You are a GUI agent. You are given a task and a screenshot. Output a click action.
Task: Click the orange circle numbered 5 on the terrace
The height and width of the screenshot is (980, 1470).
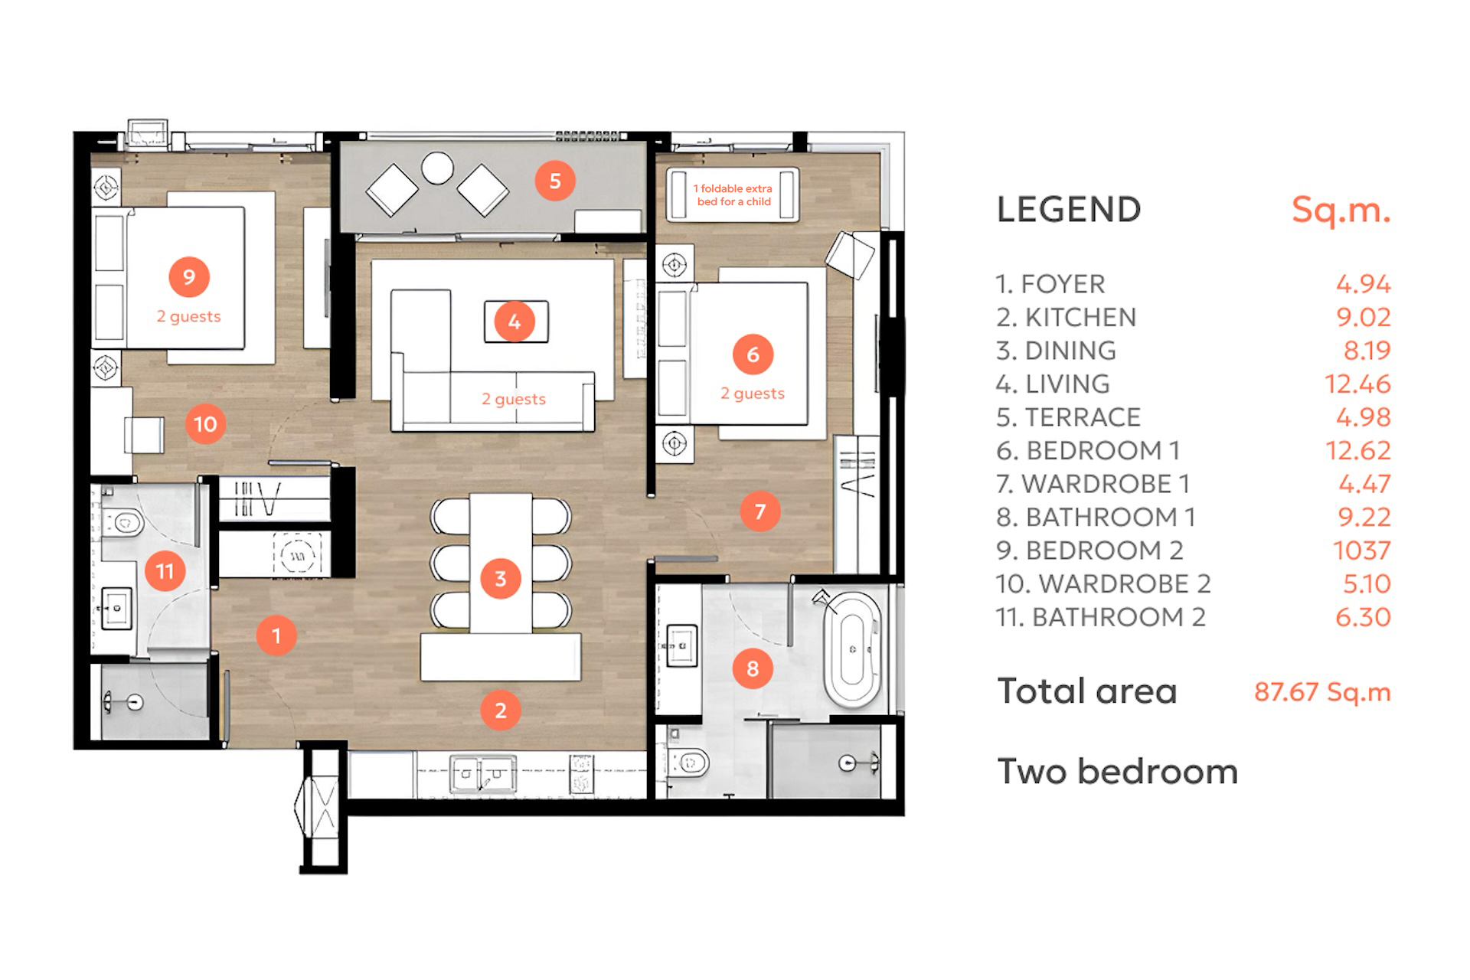pyautogui.click(x=555, y=181)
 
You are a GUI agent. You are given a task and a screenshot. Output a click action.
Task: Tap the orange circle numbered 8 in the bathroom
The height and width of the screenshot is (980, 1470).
pyautogui.click(x=753, y=668)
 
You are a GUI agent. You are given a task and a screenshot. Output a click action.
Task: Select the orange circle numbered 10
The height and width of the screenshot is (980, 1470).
pyautogui.click(x=205, y=424)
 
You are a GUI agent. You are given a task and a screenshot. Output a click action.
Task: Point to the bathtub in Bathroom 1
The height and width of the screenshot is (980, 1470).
pyautogui.click(x=852, y=648)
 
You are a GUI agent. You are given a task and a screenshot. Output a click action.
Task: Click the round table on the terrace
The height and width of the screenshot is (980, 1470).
pyautogui.click(x=437, y=168)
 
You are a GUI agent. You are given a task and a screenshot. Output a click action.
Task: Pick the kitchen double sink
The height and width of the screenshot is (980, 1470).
pyautogui.click(x=482, y=774)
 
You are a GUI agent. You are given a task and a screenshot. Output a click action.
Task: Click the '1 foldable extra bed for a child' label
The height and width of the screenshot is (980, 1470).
pyautogui.click(x=733, y=195)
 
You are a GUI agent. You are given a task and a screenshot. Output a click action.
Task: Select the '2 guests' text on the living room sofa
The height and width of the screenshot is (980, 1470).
pyautogui.click(x=514, y=399)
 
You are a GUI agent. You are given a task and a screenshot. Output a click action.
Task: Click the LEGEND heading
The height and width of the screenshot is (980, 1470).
pyautogui.click(x=1069, y=210)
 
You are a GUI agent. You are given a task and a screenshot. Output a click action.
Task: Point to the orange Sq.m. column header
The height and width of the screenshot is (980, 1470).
pyautogui.click(x=1341, y=210)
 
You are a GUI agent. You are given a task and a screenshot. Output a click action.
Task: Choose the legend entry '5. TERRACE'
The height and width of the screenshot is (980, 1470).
pyautogui.click(x=1068, y=417)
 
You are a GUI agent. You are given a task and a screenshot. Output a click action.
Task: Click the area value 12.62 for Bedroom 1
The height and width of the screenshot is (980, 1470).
pyautogui.click(x=1358, y=450)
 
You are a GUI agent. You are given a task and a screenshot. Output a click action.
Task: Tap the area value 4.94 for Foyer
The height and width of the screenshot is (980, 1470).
pyautogui.click(x=1364, y=284)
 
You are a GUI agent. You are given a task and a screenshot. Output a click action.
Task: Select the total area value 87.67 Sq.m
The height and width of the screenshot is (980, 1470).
pyautogui.click(x=1322, y=691)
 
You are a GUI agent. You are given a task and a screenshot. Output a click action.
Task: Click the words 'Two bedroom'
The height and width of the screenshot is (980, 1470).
pyautogui.click(x=1117, y=771)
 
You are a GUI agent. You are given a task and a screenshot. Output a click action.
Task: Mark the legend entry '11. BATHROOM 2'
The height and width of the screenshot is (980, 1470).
pyautogui.click(x=1101, y=616)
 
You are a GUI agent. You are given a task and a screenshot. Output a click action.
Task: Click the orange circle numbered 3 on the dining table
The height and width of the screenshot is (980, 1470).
pyautogui.click(x=501, y=579)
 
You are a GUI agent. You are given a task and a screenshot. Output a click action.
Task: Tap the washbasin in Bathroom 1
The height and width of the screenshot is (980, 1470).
pyautogui.click(x=681, y=646)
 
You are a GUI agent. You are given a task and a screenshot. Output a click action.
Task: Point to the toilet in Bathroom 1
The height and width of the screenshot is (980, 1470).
pyautogui.click(x=688, y=762)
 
